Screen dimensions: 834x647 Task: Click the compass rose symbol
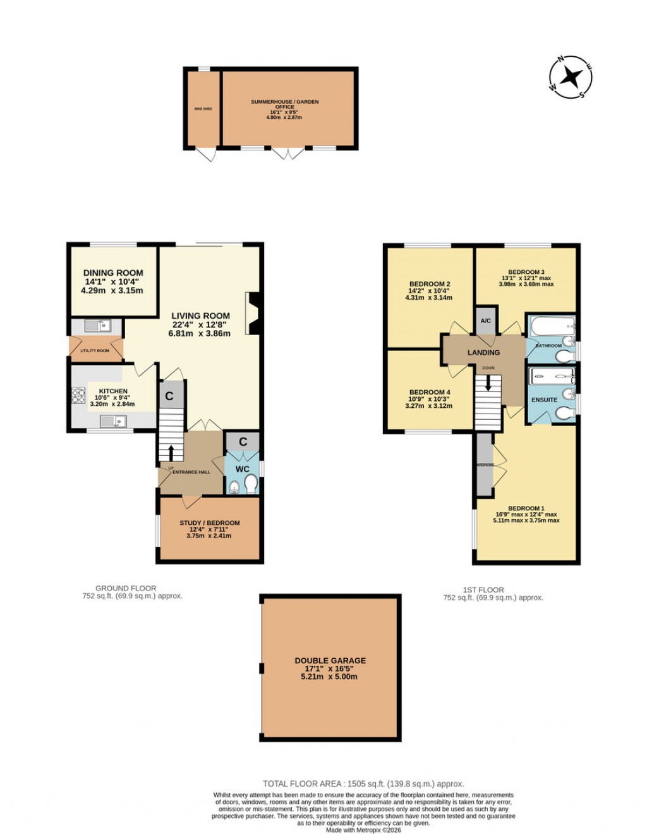coord(571,77)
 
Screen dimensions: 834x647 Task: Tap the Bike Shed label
coord(203,109)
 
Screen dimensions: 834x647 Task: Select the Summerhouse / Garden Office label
coord(285,104)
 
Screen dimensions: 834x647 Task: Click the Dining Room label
coord(113,273)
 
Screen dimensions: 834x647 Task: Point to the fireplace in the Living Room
coord(254,312)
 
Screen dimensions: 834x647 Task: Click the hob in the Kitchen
coord(79,395)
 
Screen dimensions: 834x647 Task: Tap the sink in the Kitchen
coord(118,420)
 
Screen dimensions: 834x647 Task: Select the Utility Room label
coord(95,350)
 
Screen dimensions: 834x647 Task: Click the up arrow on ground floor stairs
coord(170,452)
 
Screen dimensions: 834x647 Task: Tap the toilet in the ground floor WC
coord(251,485)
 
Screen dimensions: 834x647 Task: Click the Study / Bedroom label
coord(209,523)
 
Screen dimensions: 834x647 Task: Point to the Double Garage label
coord(330,661)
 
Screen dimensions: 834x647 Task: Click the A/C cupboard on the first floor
coord(486,321)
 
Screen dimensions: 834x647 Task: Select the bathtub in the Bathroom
coord(551,327)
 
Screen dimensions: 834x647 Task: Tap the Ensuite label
coord(544,400)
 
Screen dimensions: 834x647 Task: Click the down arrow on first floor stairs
coord(487,383)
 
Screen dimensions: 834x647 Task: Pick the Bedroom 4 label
coord(430,392)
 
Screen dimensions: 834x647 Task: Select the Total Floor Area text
coord(363,784)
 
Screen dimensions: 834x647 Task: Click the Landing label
coord(483,352)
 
